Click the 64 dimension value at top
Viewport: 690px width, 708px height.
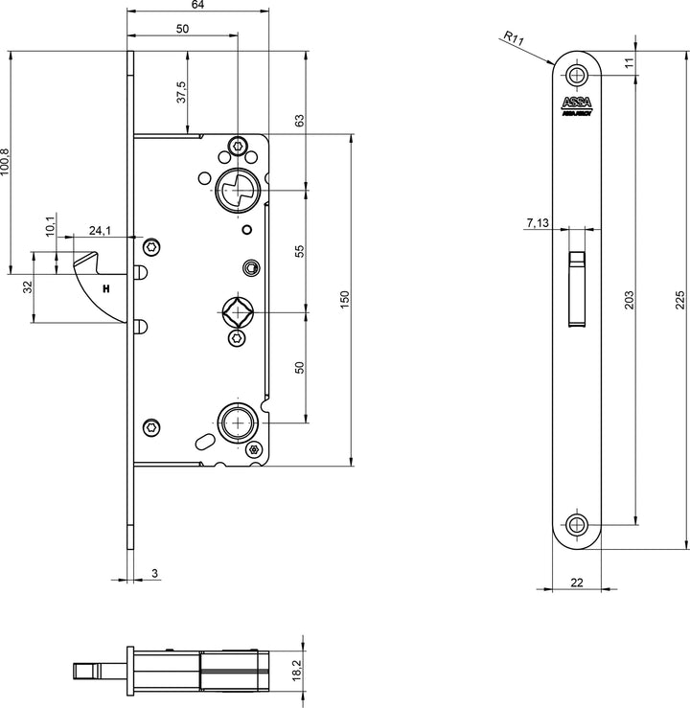pyautogui.click(x=197, y=6)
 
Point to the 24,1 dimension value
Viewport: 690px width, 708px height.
pyautogui.click(x=101, y=230)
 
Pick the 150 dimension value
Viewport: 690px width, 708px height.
pyautogui.click(x=346, y=299)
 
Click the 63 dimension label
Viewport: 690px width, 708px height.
pyautogui.click(x=299, y=122)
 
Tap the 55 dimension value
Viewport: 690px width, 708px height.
pyautogui.click(x=299, y=251)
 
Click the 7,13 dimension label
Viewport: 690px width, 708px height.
pyautogui.click(x=538, y=223)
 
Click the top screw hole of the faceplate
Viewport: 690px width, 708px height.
pyautogui.click(x=576, y=75)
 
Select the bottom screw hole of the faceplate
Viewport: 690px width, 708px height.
pyautogui.click(x=576, y=523)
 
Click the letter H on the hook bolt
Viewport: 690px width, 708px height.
pyautogui.click(x=105, y=287)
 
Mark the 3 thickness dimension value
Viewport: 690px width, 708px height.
pyautogui.click(x=153, y=575)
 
